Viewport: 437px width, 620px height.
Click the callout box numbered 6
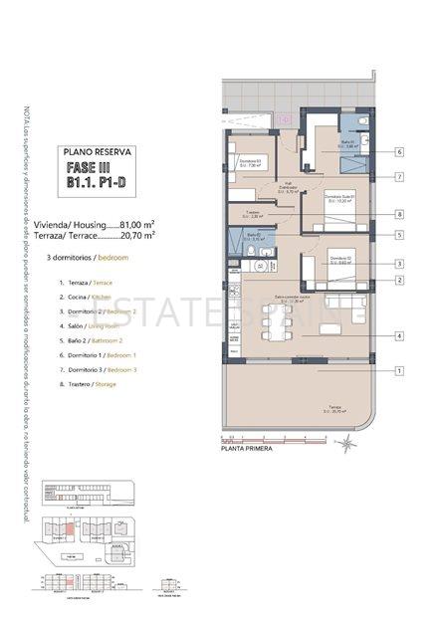[x=398, y=152]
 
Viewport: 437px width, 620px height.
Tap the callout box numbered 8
[x=398, y=214]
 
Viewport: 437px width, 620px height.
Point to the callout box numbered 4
[x=398, y=336]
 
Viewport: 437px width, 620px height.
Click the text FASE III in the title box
[x=98, y=168]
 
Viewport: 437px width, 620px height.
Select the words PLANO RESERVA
[x=98, y=152]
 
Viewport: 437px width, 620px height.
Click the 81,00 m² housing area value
[x=137, y=224]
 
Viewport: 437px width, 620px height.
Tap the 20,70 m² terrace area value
[x=137, y=237]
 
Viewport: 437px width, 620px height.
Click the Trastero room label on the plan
[x=253, y=213]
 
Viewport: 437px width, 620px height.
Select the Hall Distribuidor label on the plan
[x=288, y=183]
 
